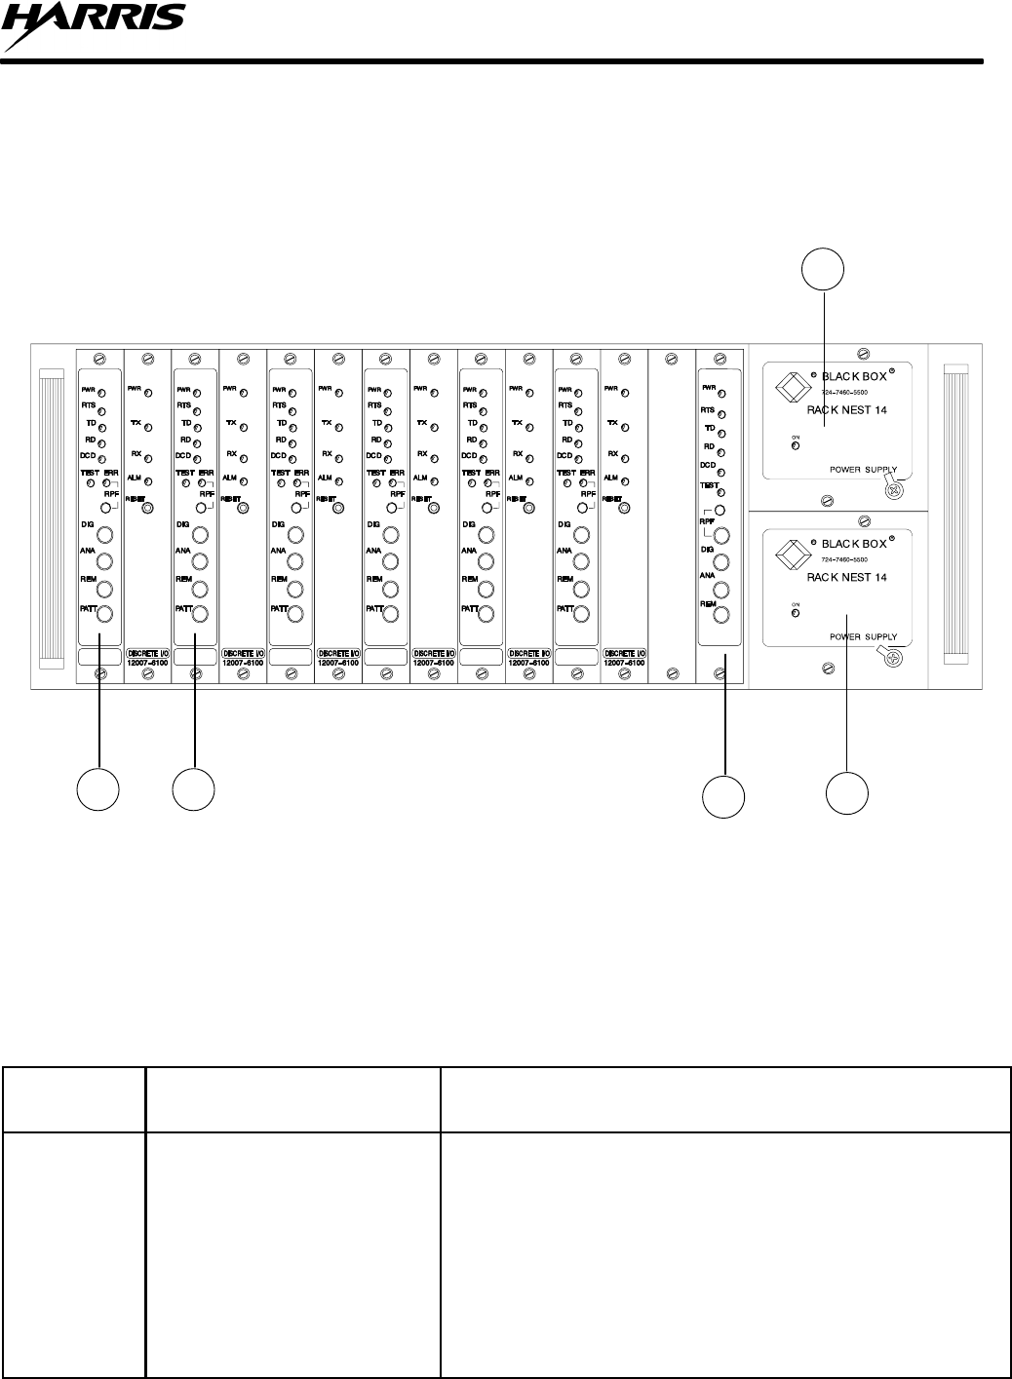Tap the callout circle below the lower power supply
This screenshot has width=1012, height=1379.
847,792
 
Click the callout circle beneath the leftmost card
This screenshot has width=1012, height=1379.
98,788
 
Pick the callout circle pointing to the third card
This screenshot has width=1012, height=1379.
193,788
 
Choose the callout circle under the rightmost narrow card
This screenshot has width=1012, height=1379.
724,796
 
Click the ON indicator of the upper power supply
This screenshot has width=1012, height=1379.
796,446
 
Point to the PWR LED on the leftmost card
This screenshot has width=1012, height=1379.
101,393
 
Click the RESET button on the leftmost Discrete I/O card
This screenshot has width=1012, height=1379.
147,507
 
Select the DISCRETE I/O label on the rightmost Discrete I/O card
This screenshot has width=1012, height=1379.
625,653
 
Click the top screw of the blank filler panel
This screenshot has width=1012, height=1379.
671,359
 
